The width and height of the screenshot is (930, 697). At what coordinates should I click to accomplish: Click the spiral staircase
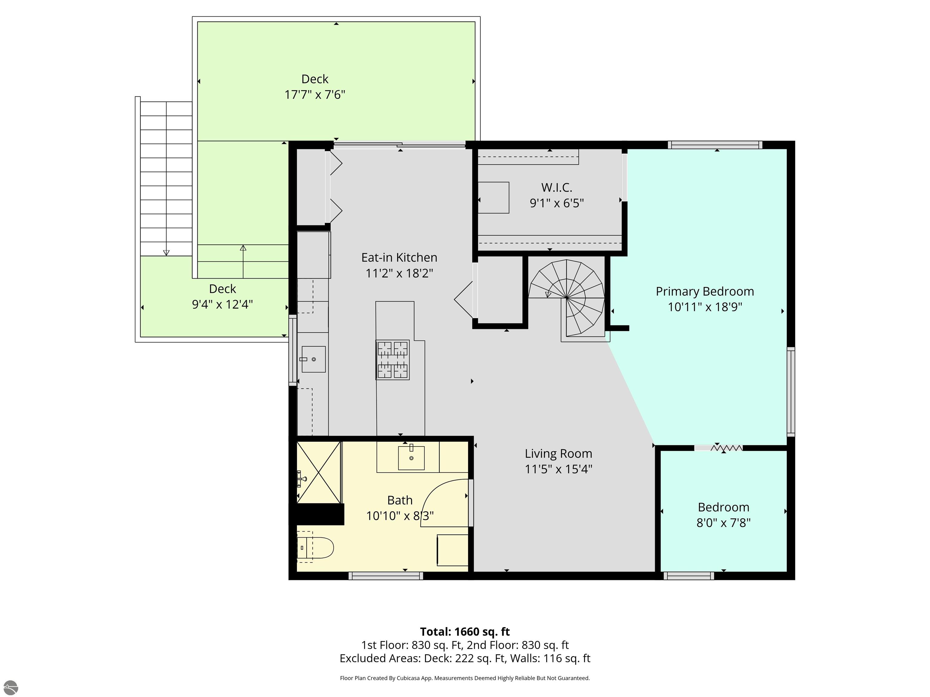tap(566, 298)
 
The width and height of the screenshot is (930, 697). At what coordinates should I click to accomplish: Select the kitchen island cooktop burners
tap(393, 360)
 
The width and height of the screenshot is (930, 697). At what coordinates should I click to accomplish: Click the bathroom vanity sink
tap(411, 457)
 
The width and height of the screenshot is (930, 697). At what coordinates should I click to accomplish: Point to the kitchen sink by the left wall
tap(313, 359)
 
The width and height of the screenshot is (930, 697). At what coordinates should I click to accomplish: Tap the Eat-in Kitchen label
tap(399, 257)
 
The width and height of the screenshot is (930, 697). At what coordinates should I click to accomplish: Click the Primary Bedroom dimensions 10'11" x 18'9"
tap(705, 307)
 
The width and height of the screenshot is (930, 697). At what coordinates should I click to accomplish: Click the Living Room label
tap(558, 453)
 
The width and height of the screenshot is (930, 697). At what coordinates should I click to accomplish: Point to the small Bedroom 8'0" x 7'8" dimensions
tap(724, 523)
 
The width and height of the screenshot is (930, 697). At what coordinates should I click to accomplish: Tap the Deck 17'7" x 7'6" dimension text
tap(315, 94)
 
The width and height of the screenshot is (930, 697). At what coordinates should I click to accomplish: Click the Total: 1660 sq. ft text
tap(465, 631)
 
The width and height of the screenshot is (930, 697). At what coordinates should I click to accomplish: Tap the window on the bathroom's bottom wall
tap(386, 576)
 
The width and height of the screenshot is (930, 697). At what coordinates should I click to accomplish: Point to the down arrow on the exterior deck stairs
tap(167, 253)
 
